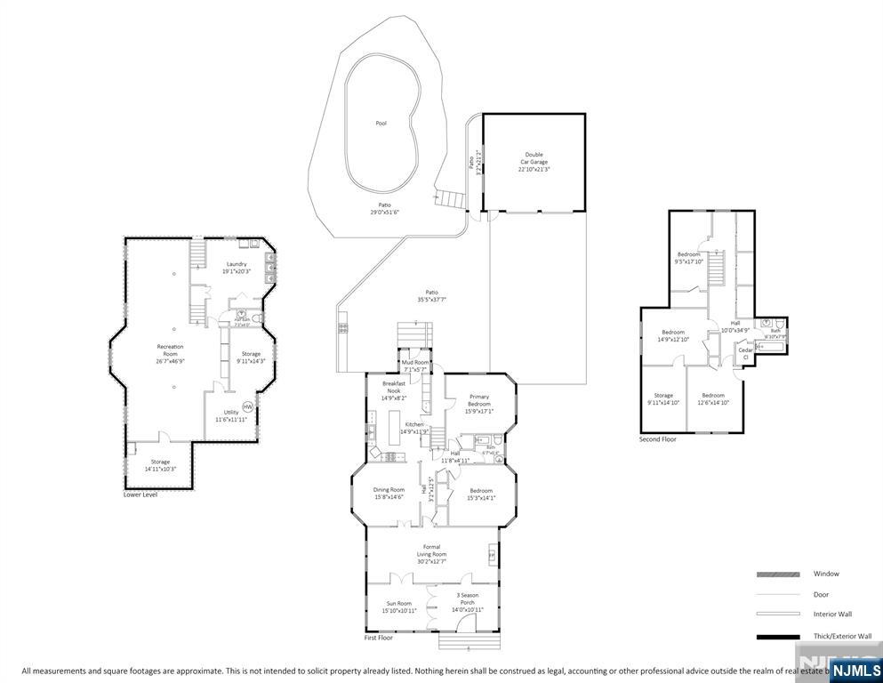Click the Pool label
coord(381,124)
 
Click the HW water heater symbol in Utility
coord(247,406)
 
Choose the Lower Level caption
coord(140,494)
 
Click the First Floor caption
coord(379,638)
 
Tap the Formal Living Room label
coord(431,550)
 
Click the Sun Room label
coord(398,607)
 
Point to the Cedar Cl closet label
coord(745,353)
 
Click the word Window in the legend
coord(825,574)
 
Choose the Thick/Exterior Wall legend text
coord(842,636)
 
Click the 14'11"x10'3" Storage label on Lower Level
coord(160,465)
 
